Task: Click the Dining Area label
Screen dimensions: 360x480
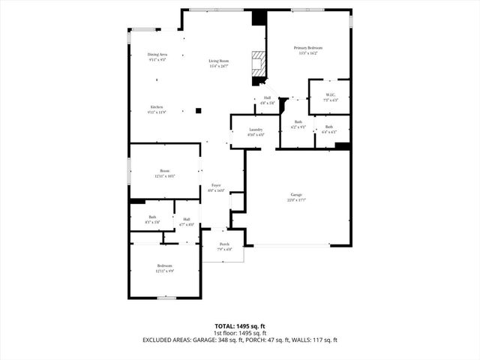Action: (x=157, y=55)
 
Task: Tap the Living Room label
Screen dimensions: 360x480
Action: (x=219, y=61)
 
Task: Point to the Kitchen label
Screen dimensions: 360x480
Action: (x=157, y=107)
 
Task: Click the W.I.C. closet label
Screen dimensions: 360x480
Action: (x=331, y=95)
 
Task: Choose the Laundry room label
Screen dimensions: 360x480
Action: (x=256, y=130)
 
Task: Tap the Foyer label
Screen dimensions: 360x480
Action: (x=216, y=184)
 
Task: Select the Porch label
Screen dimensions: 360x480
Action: (x=224, y=244)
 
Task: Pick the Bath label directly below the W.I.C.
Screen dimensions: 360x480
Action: (x=329, y=127)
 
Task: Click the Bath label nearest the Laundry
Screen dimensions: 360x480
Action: (x=298, y=121)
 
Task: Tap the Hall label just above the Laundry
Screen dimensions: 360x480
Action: (x=268, y=97)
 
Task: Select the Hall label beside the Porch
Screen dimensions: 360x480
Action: (x=187, y=219)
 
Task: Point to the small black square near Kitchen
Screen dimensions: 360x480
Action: (x=198, y=110)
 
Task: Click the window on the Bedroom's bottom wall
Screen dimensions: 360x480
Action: (x=166, y=298)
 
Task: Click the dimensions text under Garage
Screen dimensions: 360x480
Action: (x=297, y=200)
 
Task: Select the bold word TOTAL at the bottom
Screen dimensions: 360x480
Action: (x=226, y=326)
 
